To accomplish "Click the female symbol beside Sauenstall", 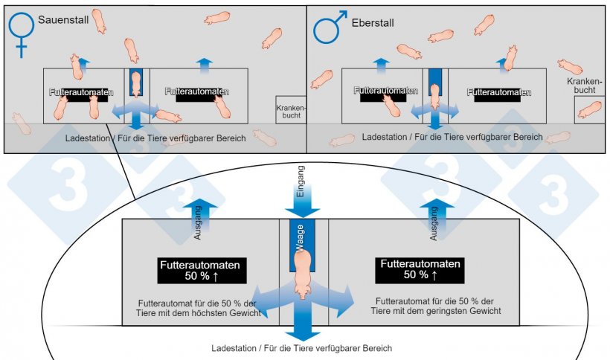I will pos(22,33).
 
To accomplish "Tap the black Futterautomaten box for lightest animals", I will pos(421,270).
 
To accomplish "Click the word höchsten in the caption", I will pos(216,314).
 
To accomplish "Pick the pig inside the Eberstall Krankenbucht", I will pos(590,109).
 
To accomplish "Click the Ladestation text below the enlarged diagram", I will pos(301,348).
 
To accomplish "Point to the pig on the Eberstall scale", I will pos(435,95).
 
